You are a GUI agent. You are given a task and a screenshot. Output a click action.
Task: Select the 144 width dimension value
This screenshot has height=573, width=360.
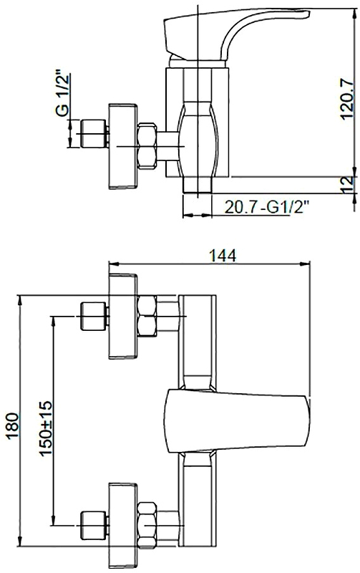click(x=223, y=256)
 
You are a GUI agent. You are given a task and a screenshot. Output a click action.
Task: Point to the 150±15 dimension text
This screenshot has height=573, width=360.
click(x=46, y=428)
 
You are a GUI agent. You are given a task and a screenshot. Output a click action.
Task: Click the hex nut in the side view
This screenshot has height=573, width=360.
click(x=147, y=146)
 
